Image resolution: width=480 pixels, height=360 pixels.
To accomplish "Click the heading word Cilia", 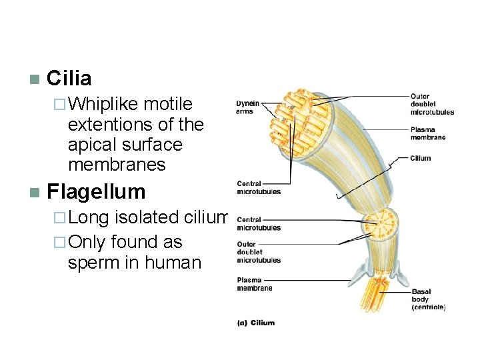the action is (69, 79).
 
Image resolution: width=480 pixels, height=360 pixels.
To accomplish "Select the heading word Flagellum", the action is (96, 192).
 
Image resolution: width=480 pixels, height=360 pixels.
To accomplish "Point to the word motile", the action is (168, 105).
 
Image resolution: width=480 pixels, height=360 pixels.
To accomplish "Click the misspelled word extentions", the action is (112, 125).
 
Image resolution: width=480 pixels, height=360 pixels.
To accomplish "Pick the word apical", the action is (91, 145).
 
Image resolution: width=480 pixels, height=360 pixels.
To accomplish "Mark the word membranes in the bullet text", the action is (116, 164).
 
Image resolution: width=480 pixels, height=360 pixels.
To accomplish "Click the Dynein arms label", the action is (248, 107).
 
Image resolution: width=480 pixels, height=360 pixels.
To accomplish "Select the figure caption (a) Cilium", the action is (256, 323).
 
